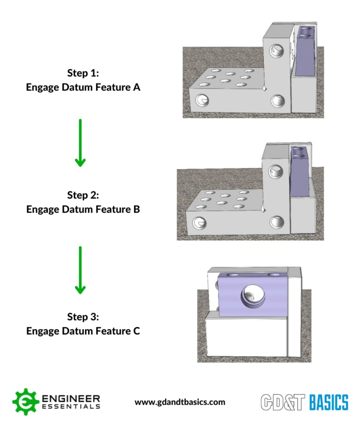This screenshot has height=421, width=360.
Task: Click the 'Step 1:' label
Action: pos(83,74)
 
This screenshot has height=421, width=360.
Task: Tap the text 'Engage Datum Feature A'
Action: pos(83,87)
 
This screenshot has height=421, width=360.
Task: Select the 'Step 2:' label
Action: pos(83,195)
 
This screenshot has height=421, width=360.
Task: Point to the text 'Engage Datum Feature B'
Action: pos(83,209)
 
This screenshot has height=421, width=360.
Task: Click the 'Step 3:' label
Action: pos(83,317)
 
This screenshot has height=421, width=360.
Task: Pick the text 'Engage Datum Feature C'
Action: pos(83,331)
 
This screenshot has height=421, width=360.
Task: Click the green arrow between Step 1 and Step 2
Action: pos(80,142)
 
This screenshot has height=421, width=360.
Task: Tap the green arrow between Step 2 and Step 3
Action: pos(80,270)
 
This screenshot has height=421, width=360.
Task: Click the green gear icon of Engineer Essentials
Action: pos(26,402)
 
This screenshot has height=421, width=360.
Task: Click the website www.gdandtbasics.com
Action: pos(180,402)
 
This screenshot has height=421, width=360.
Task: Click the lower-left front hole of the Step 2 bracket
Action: pos(198,222)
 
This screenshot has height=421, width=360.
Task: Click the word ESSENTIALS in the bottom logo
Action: pos(71,406)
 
